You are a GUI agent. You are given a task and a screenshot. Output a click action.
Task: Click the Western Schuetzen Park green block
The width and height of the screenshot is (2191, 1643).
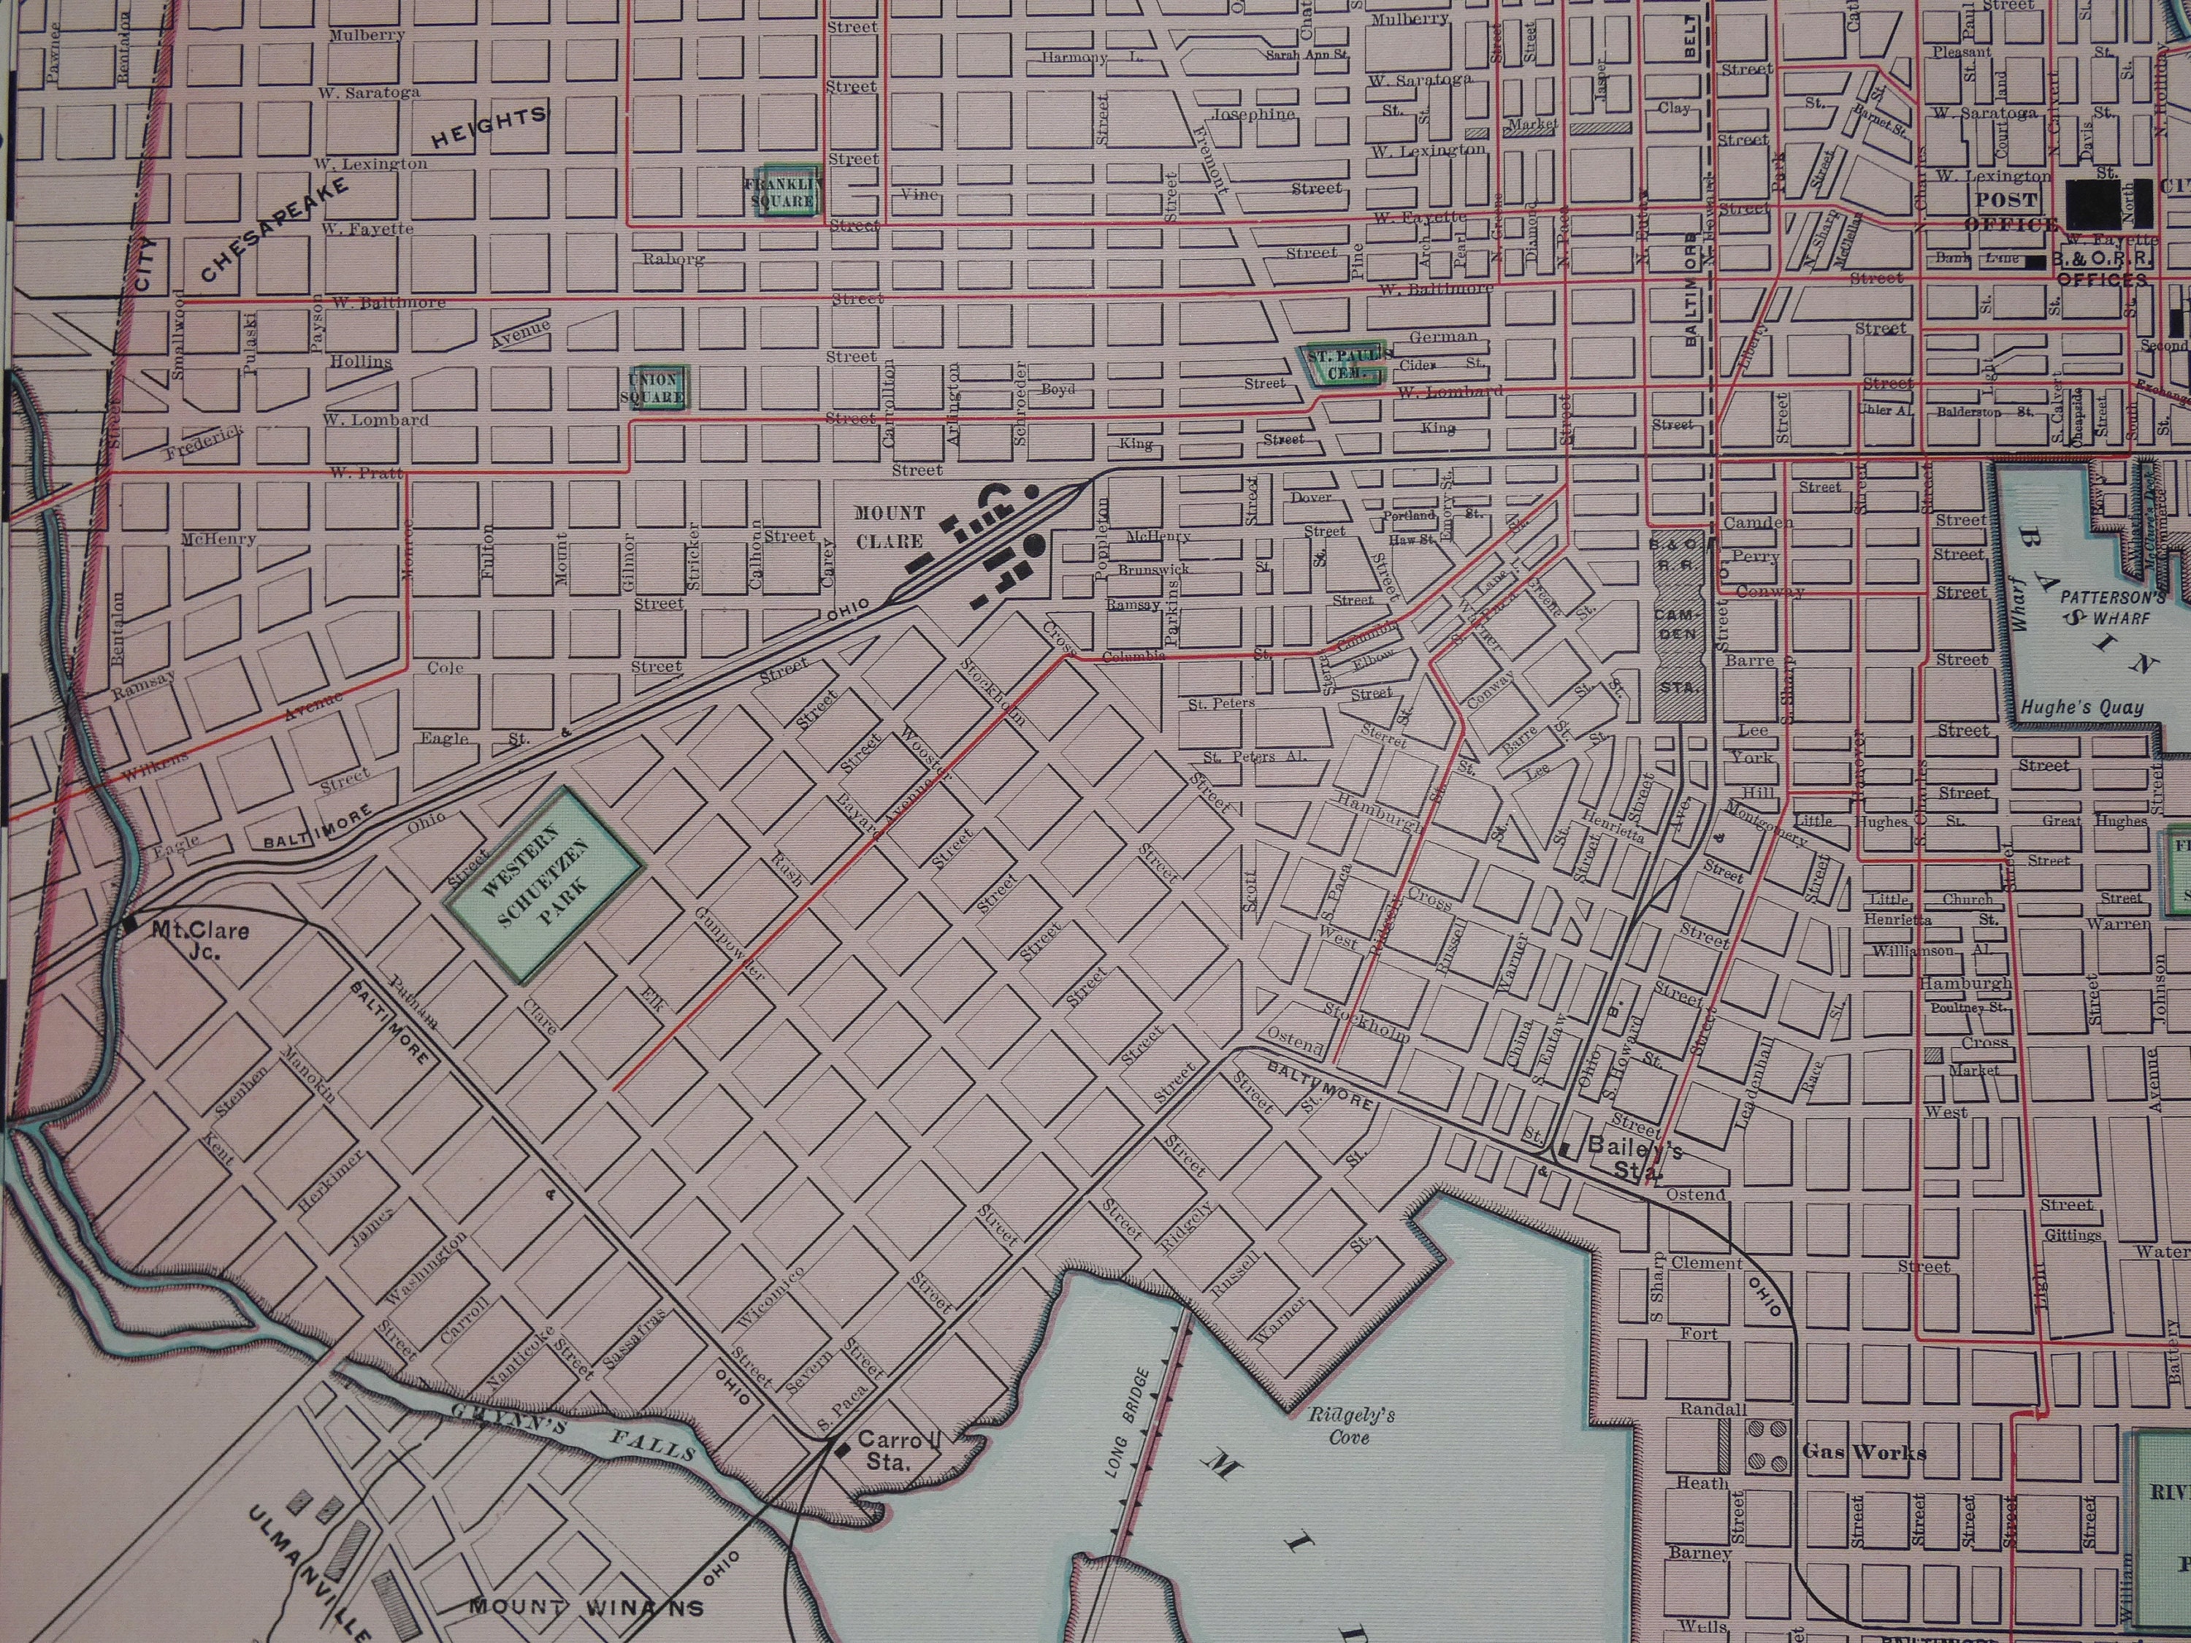[x=543, y=884]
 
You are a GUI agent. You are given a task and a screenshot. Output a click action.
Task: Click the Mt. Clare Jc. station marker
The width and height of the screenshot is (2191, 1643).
[x=129, y=926]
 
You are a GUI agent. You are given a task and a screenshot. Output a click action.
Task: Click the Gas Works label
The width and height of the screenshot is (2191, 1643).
[x=1863, y=1452]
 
